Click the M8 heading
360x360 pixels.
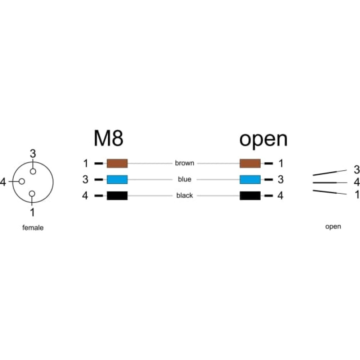(x=108, y=139)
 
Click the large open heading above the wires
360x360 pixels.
(x=263, y=140)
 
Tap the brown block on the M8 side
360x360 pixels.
(x=117, y=163)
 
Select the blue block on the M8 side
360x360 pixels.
(x=117, y=180)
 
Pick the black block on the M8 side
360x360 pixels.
(x=117, y=195)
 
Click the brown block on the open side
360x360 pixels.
(x=250, y=163)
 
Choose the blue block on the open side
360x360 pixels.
(x=250, y=180)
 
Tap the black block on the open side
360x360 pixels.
(x=250, y=195)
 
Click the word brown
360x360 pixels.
(x=185, y=163)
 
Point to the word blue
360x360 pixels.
(x=185, y=179)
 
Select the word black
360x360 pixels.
(x=185, y=195)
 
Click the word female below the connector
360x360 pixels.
(x=33, y=228)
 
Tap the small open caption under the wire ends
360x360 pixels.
(x=333, y=227)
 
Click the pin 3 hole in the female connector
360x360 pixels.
(x=33, y=171)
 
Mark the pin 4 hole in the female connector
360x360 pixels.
(x=22, y=181)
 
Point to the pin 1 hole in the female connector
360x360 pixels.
(x=32, y=194)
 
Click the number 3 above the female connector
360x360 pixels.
(x=33, y=154)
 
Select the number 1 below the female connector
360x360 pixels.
(x=32, y=212)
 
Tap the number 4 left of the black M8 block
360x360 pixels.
(x=85, y=195)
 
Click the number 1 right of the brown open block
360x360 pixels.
(x=281, y=163)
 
